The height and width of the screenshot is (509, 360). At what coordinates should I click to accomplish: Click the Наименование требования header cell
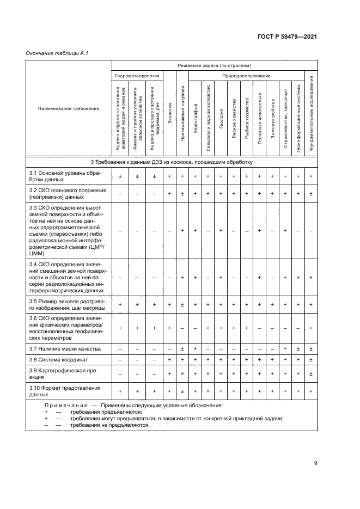click(x=69, y=108)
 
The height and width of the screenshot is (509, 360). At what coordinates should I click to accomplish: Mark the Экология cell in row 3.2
click(x=170, y=194)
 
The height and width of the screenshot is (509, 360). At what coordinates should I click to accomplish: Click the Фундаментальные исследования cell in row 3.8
click(x=311, y=360)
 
